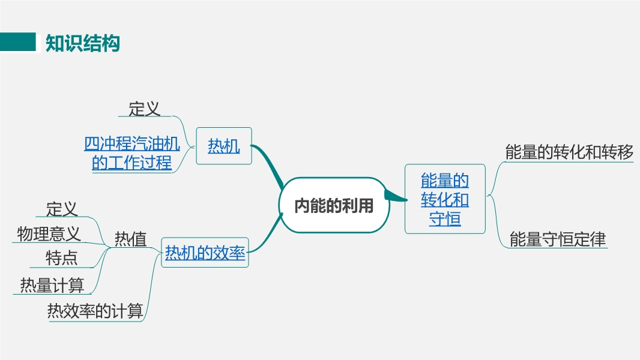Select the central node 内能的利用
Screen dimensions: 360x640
click(334, 206)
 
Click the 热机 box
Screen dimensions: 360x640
click(224, 146)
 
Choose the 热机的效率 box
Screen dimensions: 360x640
click(205, 253)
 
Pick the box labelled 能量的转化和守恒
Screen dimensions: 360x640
click(445, 199)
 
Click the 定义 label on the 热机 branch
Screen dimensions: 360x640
click(145, 109)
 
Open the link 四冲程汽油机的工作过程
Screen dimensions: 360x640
click(132, 153)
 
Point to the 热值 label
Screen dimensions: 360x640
click(130, 239)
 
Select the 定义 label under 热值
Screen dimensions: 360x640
click(62, 209)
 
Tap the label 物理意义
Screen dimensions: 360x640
click(49, 233)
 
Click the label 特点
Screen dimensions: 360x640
click(62, 258)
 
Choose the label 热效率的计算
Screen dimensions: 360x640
click(95, 311)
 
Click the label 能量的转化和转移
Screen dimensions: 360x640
click(569, 152)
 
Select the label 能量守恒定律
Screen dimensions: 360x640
click(558, 239)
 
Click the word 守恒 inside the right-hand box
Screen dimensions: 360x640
click(445, 219)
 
